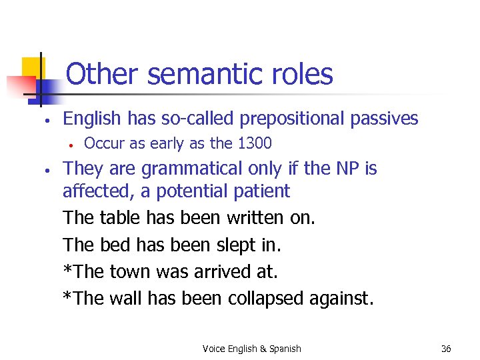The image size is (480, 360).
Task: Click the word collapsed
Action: coord(267,298)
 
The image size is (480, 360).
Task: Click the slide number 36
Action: coord(446,349)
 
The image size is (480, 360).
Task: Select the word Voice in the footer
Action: coord(214,349)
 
